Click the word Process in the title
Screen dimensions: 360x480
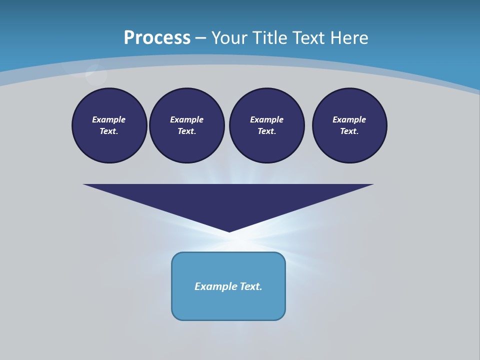(x=157, y=38)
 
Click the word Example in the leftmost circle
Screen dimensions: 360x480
(x=109, y=119)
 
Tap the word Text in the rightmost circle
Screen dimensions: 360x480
(x=349, y=131)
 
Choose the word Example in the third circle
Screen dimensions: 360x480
(x=266, y=119)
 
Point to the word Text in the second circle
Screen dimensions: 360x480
(x=186, y=131)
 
